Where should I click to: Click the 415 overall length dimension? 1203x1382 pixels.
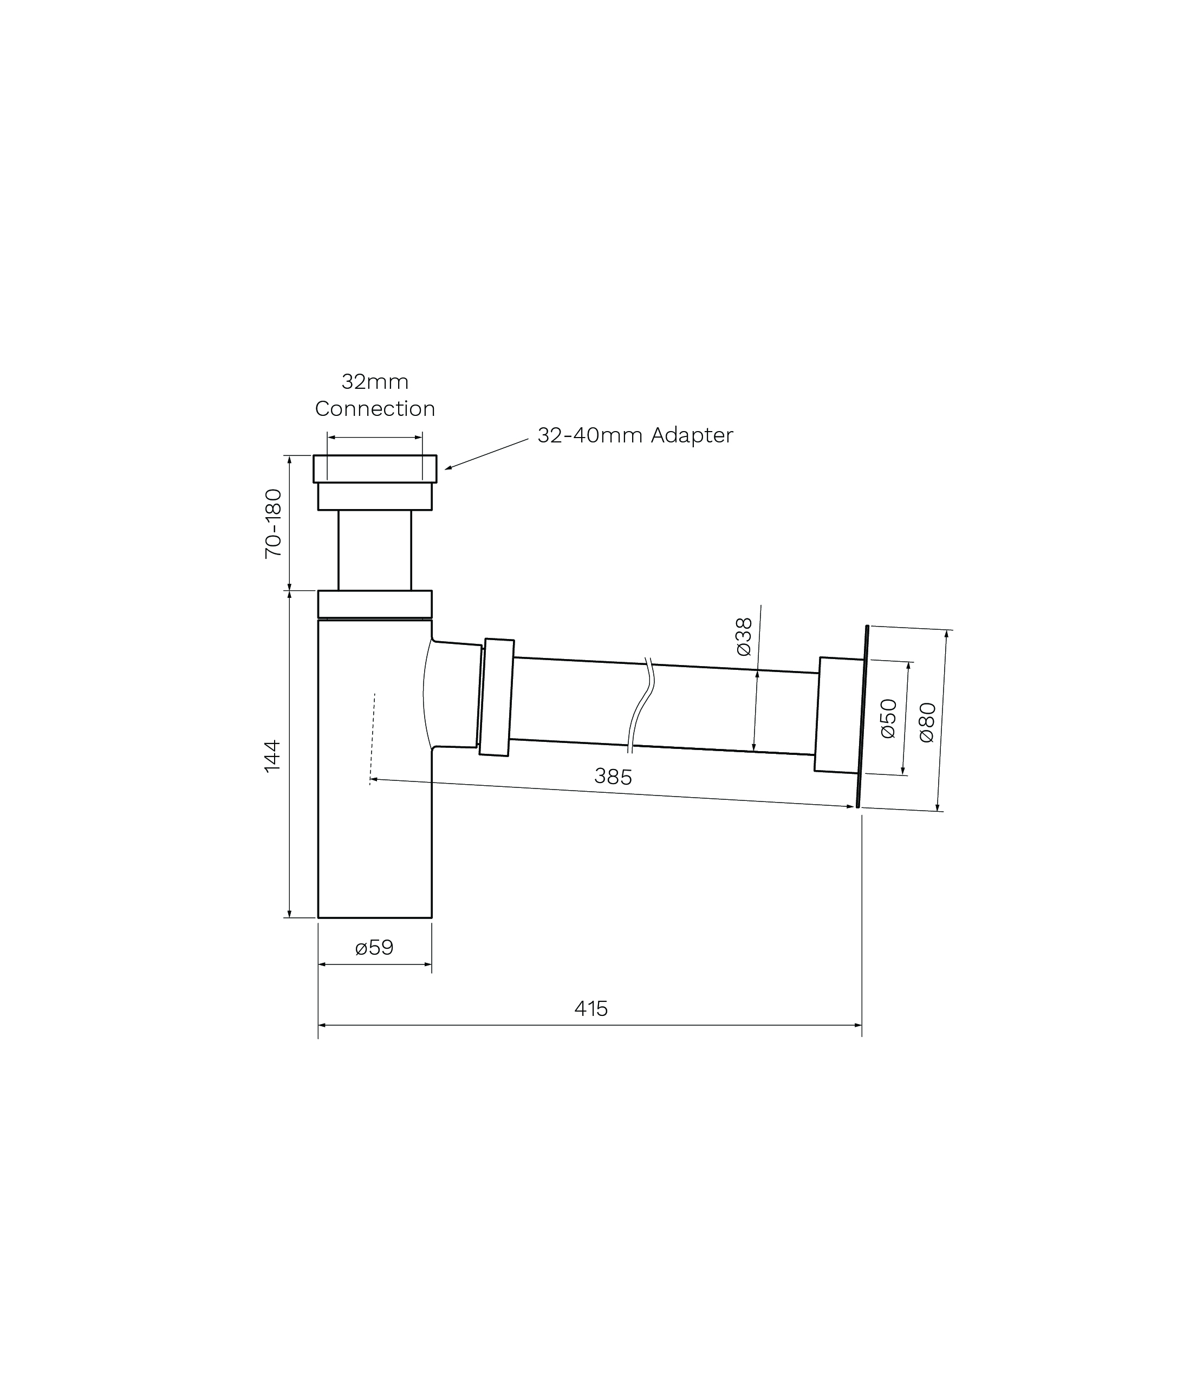pos(591,1008)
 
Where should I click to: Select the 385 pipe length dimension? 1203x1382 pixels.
pos(613,777)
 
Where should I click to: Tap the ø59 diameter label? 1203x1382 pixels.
pos(374,947)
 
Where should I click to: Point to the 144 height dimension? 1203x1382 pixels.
pos(272,756)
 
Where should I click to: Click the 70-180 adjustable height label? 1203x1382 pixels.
pos(273,524)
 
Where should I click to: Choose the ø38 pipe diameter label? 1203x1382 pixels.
pos(744,636)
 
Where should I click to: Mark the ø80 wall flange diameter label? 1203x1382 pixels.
pos(927,722)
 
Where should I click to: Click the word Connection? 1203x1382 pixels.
pos(375,408)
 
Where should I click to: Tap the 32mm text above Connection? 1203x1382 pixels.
pos(375,381)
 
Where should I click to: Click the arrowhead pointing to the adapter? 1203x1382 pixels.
pos(448,468)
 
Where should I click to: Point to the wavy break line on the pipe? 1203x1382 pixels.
pos(641,705)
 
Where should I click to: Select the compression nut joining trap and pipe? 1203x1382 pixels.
pos(497,697)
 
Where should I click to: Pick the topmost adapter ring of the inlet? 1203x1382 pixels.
pos(375,468)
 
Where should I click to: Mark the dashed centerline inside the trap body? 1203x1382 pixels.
pos(372,738)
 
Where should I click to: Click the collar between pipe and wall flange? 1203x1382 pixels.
pos(838,715)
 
